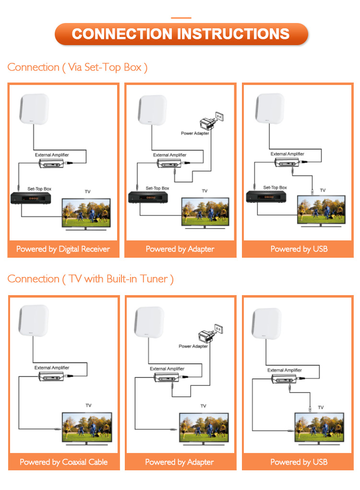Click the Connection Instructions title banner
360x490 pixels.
tap(180, 34)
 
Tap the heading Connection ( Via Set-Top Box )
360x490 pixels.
tap(77, 67)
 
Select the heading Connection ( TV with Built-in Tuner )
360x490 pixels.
tap(90, 279)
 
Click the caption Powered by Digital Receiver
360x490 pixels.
tap(63, 249)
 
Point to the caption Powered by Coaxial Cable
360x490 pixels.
tap(63, 462)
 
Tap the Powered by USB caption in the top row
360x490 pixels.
tap(299, 249)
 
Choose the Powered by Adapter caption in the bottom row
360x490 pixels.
tap(180, 462)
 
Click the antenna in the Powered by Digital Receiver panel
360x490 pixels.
tap(34, 110)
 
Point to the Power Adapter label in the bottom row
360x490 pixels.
tap(193, 346)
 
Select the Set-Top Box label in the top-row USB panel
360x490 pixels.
tap(275, 187)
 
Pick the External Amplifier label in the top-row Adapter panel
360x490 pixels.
tap(170, 155)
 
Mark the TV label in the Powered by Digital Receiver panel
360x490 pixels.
tap(87, 191)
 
